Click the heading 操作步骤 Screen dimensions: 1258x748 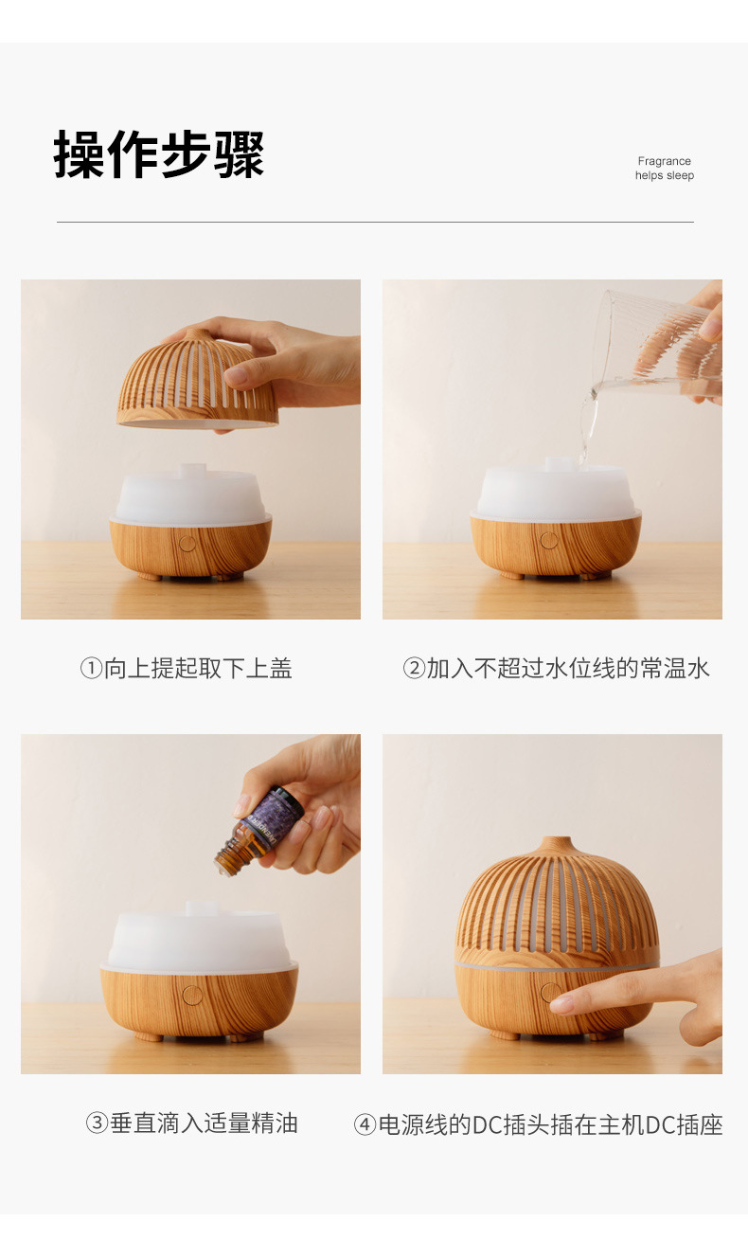(159, 154)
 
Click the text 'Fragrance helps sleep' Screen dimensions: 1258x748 (664, 169)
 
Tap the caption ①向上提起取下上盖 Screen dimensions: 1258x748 (186, 669)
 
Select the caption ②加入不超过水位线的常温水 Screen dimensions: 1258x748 (556, 669)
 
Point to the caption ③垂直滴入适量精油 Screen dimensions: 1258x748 (191, 1123)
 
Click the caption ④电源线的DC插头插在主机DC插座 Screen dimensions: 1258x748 (538, 1124)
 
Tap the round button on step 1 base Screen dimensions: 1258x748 (187, 544)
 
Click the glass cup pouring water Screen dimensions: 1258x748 (653, 346)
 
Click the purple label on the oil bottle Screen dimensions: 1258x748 (275, 814)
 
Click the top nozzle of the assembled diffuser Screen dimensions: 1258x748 (556, 843)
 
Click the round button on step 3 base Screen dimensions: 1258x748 (192, 995)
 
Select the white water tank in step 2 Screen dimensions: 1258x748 (556, 493)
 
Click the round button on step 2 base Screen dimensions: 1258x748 (549, 541)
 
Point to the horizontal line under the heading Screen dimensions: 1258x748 (375, 223)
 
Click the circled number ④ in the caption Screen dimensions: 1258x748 (365, 1124)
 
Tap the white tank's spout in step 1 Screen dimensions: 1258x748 (193, 470)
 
